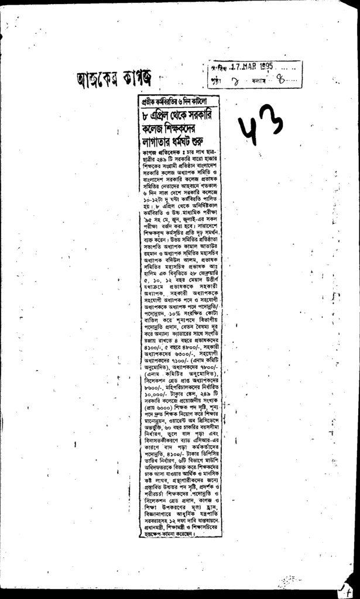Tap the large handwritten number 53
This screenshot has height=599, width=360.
pos(261,124)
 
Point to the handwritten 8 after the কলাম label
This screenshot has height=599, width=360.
pos(284,80)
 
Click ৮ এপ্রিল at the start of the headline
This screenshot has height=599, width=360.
pos(157,114)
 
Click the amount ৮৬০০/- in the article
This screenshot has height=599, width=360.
pos(153,388)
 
